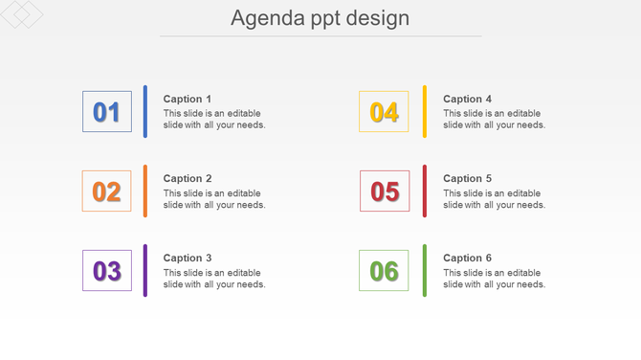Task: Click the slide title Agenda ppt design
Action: [320, 18]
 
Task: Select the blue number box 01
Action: [107, 112]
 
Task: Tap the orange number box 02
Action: [107, 191]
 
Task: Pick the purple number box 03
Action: [107, 271]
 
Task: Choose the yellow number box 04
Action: [384, 112]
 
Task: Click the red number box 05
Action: [385, 191]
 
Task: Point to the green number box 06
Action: [384, 271]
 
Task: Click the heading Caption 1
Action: [188, 99]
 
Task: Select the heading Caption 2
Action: [188, 178]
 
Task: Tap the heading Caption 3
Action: [188, 258]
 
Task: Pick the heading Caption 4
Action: [468, 99]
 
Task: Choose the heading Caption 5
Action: [468, 178]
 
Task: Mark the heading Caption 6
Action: [468, 258]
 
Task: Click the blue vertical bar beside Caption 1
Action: [145, 111]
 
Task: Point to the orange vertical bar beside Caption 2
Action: [145, 191]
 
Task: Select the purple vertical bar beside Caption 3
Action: [145, 270]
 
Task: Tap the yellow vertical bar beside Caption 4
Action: [425, 111]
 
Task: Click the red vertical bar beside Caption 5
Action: [425, 191]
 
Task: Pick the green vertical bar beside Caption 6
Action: [425, 270]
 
